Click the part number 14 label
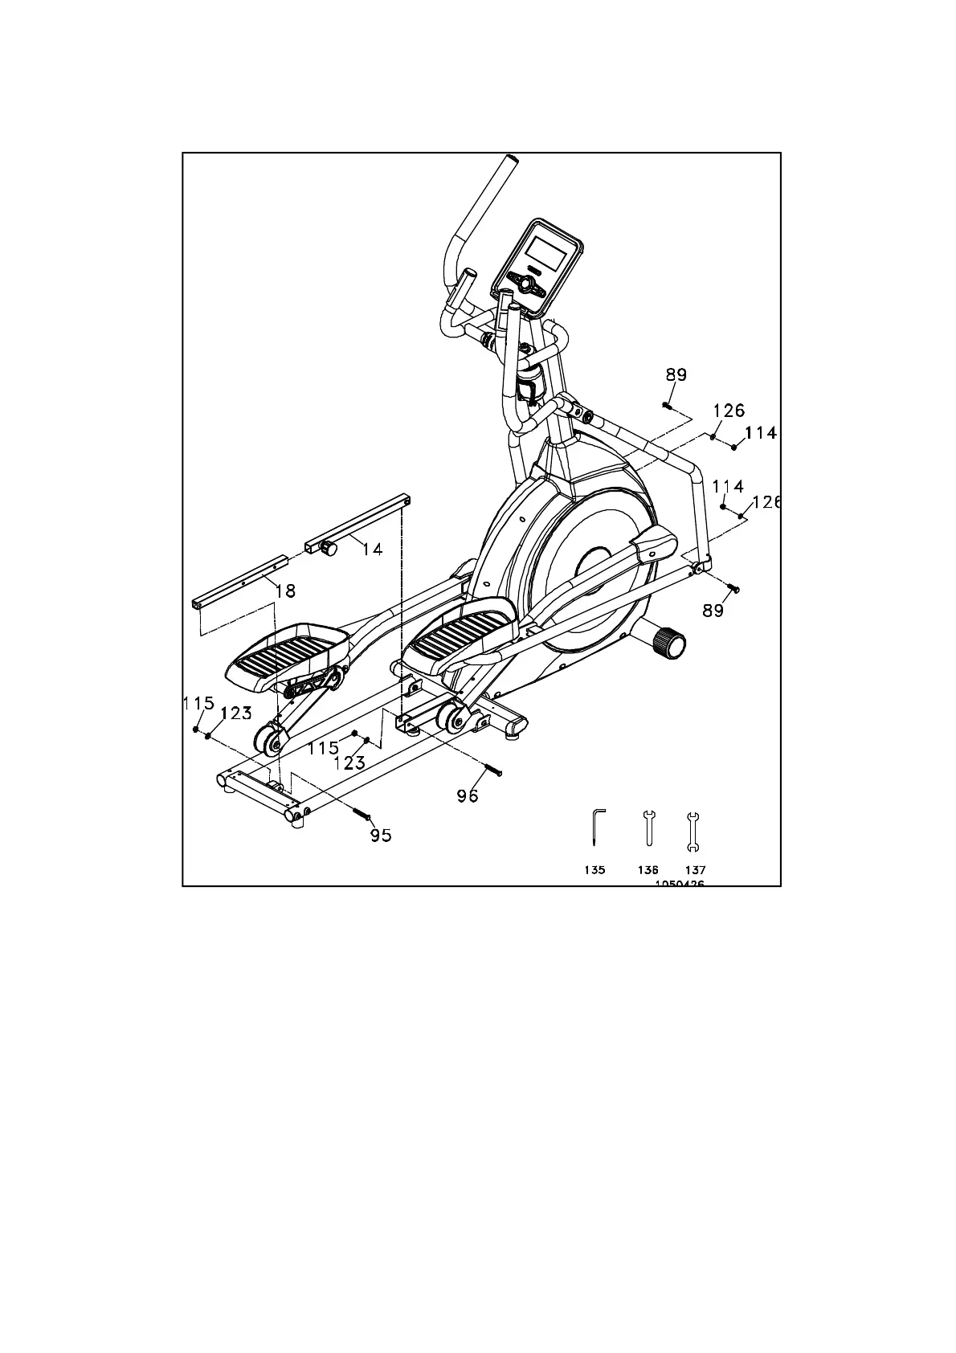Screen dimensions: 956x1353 coord(372,550)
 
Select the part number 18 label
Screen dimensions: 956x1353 coord(285,591)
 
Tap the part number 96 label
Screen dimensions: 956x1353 coord(468,795)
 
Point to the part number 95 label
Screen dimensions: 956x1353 coord(381,836)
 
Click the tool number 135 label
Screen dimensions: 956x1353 coord(595,870)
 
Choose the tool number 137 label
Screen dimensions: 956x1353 coord(695,870)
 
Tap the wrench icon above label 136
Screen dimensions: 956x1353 coord(648,828)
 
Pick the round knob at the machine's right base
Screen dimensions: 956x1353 coord(669,644)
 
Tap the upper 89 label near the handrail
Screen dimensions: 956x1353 coord(676,374)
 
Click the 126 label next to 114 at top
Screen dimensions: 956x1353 coord(729,411)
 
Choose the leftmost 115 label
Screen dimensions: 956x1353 coord(198,704)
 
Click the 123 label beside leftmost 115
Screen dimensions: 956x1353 coord(236,713)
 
